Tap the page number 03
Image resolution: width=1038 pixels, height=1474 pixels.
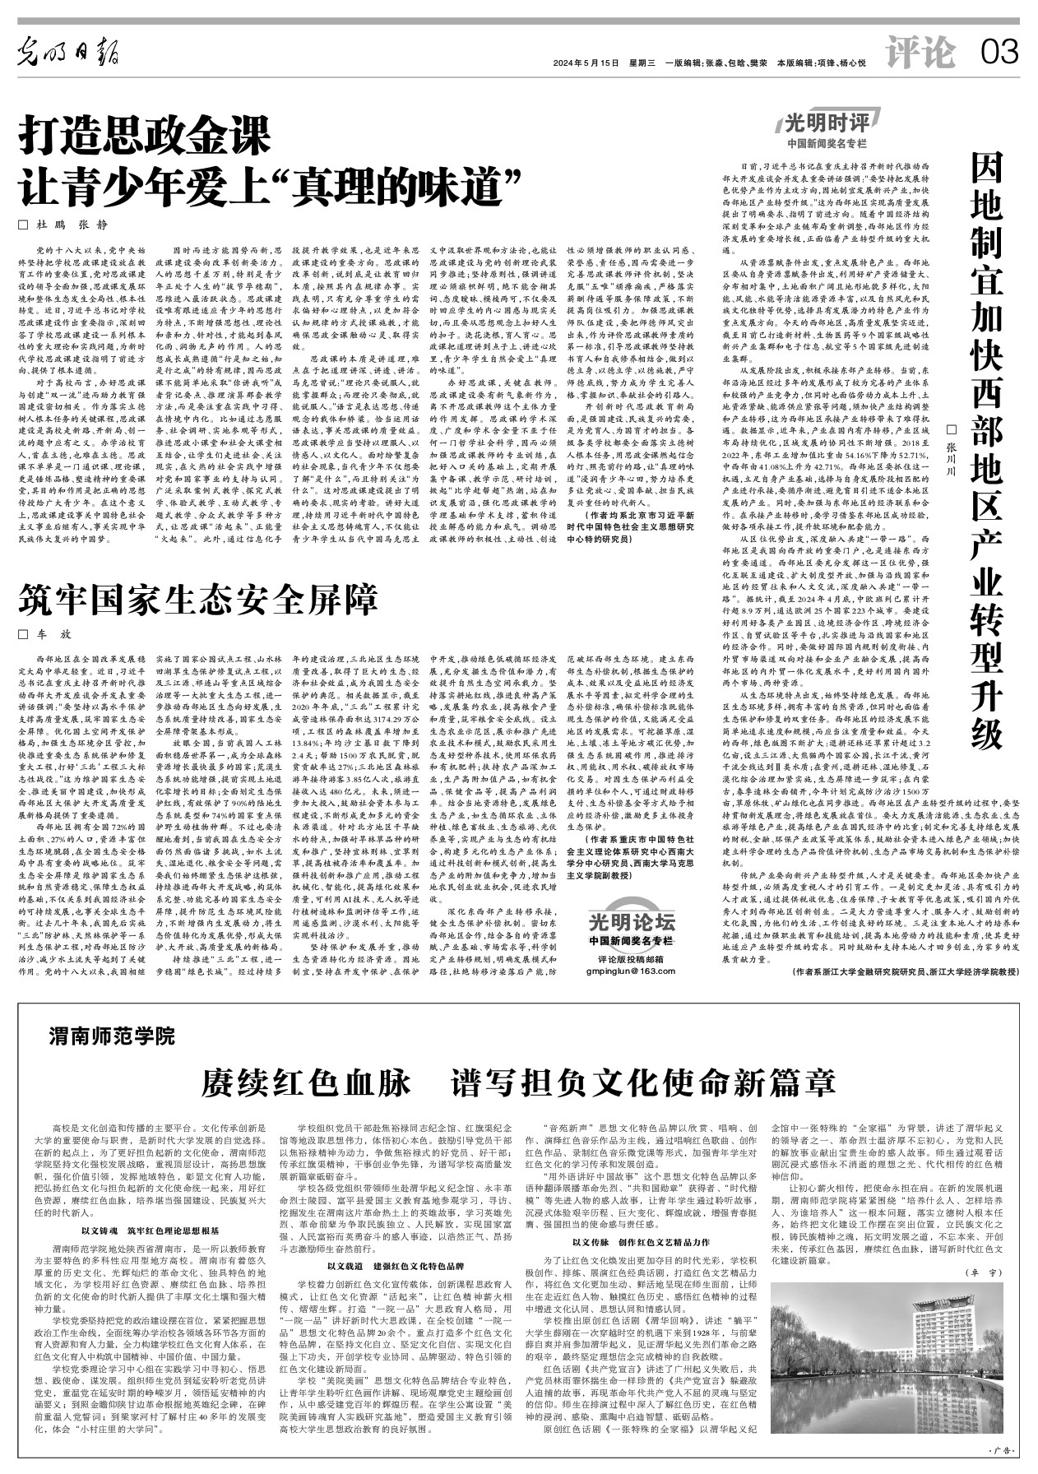999,54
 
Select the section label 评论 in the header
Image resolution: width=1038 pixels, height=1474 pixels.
922,54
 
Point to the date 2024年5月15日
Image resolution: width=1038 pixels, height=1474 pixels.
585,63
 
